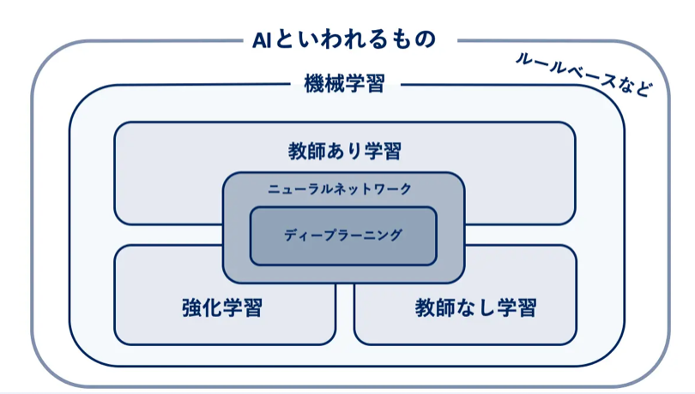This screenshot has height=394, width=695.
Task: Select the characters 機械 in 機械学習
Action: [323, 84]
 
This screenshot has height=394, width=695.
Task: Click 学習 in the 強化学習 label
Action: [242, 307]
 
